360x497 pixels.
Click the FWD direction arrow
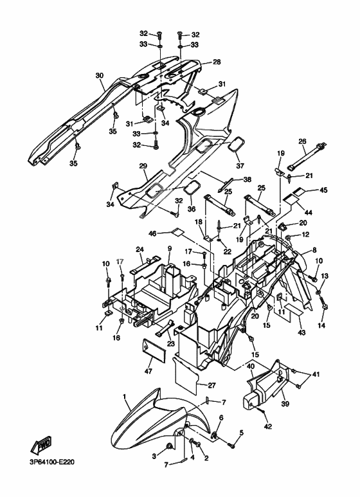[41, 446]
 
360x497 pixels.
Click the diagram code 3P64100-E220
[52, 462]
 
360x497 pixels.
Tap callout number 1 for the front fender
[125, 397]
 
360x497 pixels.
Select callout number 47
[148, 371]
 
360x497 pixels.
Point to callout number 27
[212, 385]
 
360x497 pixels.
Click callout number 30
[100, 75]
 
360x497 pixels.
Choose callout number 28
[217, 62]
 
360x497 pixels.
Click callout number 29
[143, 166]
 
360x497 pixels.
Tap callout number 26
[303, 141]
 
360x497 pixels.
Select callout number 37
[240, 166]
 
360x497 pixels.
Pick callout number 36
[192, 209]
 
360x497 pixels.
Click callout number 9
[170, 248]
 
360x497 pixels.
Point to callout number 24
[139, 249]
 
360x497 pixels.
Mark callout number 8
[314, 250]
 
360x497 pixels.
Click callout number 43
[301, 332]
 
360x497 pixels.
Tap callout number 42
[268, 427]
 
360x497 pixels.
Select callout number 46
[152, 233]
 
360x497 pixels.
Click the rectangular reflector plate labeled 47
[154, 350]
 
